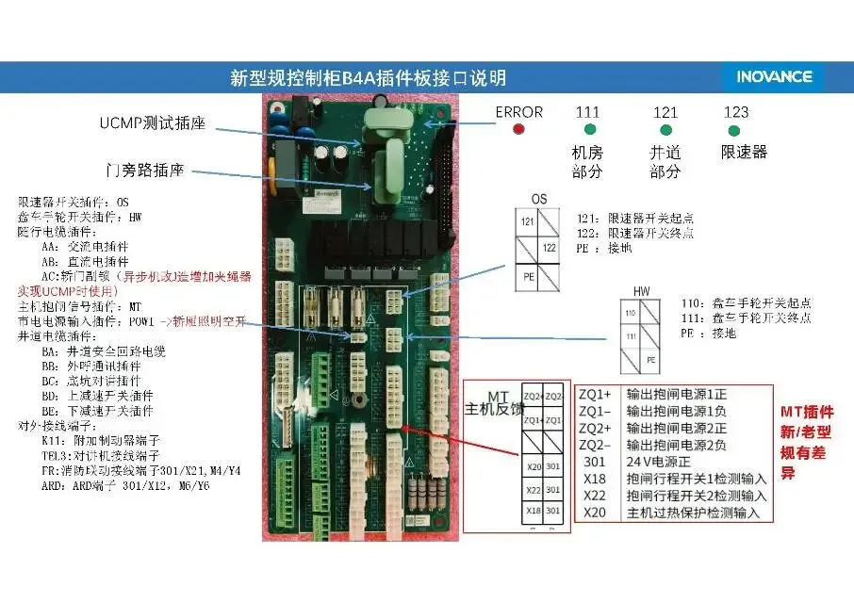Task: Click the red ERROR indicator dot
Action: [x=518, y=128]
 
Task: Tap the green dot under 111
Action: [x=590, y=129]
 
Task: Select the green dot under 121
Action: [x=665, y=129]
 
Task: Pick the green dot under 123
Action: [x=736, y=129]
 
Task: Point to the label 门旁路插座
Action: [x=157, y=171]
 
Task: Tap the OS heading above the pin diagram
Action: [x=539, y=200]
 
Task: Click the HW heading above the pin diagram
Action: [x=642, y=292]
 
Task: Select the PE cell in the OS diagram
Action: [x=529, y=278]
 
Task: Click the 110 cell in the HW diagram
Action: [x=631, y=311]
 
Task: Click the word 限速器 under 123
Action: [x=744, y=152]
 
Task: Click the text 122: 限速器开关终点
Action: [x=637, y=233]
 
